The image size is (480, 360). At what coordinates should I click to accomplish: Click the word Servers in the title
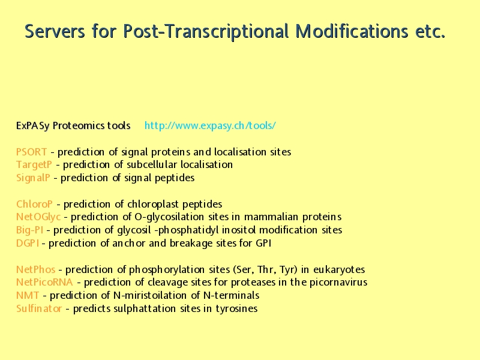55,31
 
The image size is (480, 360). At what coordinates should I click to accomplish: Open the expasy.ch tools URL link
210,125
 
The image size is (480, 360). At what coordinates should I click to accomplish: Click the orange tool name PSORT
32,152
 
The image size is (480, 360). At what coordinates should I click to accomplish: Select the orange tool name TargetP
34,165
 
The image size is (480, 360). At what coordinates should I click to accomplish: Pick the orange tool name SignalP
33,178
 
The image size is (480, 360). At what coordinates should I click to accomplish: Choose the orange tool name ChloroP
34,204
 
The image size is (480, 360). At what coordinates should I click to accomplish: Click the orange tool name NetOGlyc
38,217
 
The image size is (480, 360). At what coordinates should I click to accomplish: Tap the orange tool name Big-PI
29,230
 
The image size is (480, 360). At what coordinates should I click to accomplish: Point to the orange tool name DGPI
28,244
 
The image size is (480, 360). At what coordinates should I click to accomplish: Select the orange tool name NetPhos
36,269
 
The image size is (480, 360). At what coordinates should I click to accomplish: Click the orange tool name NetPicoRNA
44,282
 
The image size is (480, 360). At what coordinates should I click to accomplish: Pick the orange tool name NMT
28,295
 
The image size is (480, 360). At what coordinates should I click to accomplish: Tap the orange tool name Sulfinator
39,308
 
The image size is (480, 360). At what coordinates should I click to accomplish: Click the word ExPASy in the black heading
33,126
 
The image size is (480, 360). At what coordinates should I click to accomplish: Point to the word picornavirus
338,283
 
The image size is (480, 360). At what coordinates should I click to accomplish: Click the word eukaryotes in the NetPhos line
339,270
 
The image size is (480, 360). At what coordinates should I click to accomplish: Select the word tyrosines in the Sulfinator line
236,309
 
